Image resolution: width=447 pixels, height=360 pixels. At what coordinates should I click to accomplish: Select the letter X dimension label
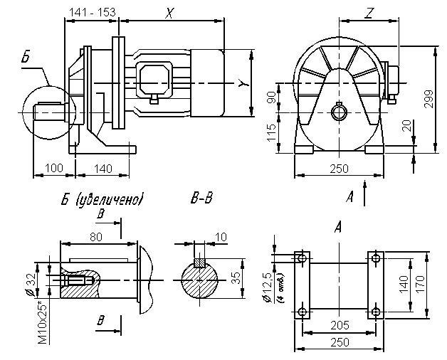(x=169, y=13)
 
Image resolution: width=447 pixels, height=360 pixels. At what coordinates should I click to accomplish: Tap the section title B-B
(x=201, y=199)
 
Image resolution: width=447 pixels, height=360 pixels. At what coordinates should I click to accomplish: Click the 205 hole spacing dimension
(x=339, y=324)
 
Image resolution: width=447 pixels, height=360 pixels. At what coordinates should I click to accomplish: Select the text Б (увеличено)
(x=102, y=199)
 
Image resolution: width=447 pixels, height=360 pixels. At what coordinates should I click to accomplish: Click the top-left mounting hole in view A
(x=303, y=257)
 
